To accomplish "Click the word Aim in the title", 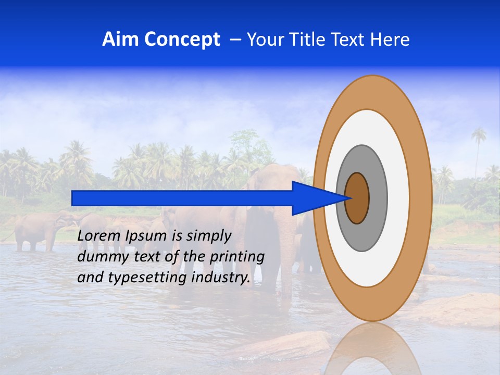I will click(x=121, y=40).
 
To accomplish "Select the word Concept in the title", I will click(x=182, y=40).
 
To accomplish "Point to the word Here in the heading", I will click(x=391, y=40).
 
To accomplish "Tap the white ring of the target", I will click(x=398, y=198).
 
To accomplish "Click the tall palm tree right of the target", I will click(x=478, y=141).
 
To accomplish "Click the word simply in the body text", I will click(x=208, y=235).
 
